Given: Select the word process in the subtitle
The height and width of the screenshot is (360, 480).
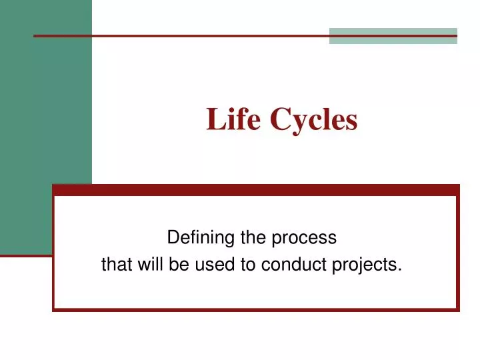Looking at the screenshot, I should pyautogui.click(x=307, y=238).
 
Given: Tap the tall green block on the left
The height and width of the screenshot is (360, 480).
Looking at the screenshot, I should pyautogui.click(x=46, y=127).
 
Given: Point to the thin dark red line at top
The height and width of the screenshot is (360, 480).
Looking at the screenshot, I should pyautogui.click(x=180, y=35).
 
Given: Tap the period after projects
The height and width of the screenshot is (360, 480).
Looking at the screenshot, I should pyautogui.click(x=400, y=269).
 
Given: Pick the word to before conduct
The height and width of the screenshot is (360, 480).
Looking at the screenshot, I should pyautogui.click(x=248, y=265).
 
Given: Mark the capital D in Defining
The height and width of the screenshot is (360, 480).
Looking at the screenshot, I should pyautogui.click(x=172, y=237).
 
